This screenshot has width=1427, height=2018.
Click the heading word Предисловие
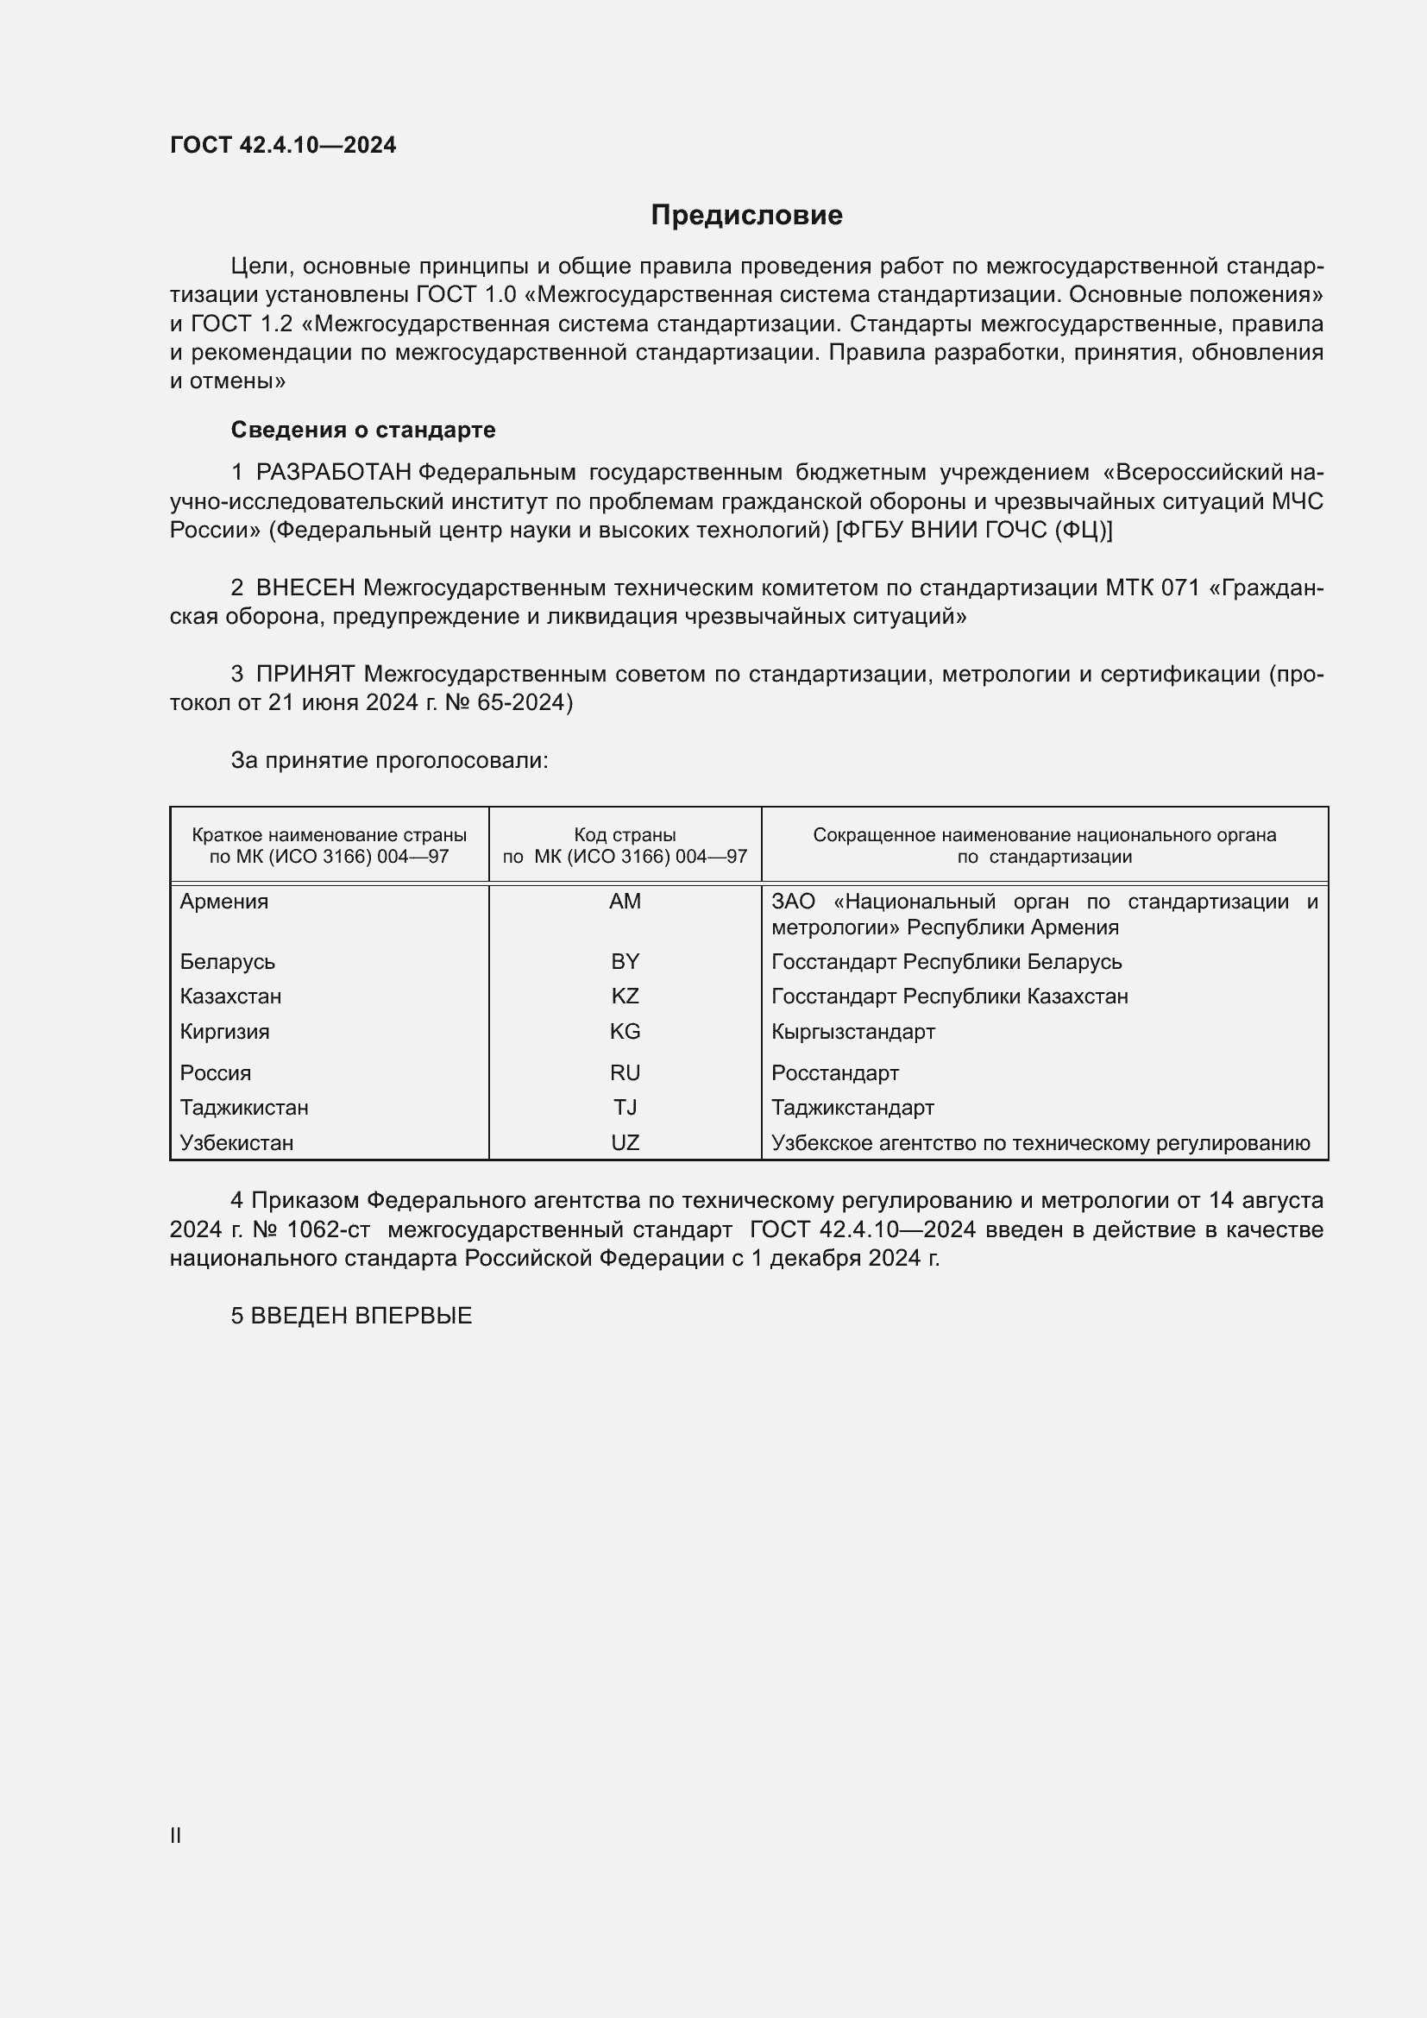[x=746, y=216]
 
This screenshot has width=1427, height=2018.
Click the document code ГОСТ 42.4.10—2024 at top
[x=283, y=145]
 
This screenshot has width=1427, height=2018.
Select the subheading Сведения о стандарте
[x=363, y=430]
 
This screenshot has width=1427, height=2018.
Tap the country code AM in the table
[x=625, y=902]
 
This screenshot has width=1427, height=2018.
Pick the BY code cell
[x=625, y=961]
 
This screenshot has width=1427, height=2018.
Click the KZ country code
[x=625, y=996]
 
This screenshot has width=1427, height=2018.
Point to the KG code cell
[x=625, y=1032]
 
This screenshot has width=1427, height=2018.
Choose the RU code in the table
[x=625, y=1073]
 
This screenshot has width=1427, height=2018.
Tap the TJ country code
[x=625, y=1108]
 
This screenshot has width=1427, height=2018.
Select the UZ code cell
[x=625, y=1142]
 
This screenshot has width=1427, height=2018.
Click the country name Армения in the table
[x=224, y=902]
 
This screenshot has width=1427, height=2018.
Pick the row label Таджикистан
[x=244, y=1108]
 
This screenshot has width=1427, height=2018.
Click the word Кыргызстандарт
[x=852, y=1032]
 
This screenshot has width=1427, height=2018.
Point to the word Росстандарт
[x=835, y=1073]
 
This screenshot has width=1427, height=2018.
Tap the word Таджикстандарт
[x=852, y=1108]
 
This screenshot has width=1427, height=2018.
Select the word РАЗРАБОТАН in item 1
[x=333, y=473]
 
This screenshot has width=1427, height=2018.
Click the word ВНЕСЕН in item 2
[x=305, y=588]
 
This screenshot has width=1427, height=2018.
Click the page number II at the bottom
[x=176, y=1835]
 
